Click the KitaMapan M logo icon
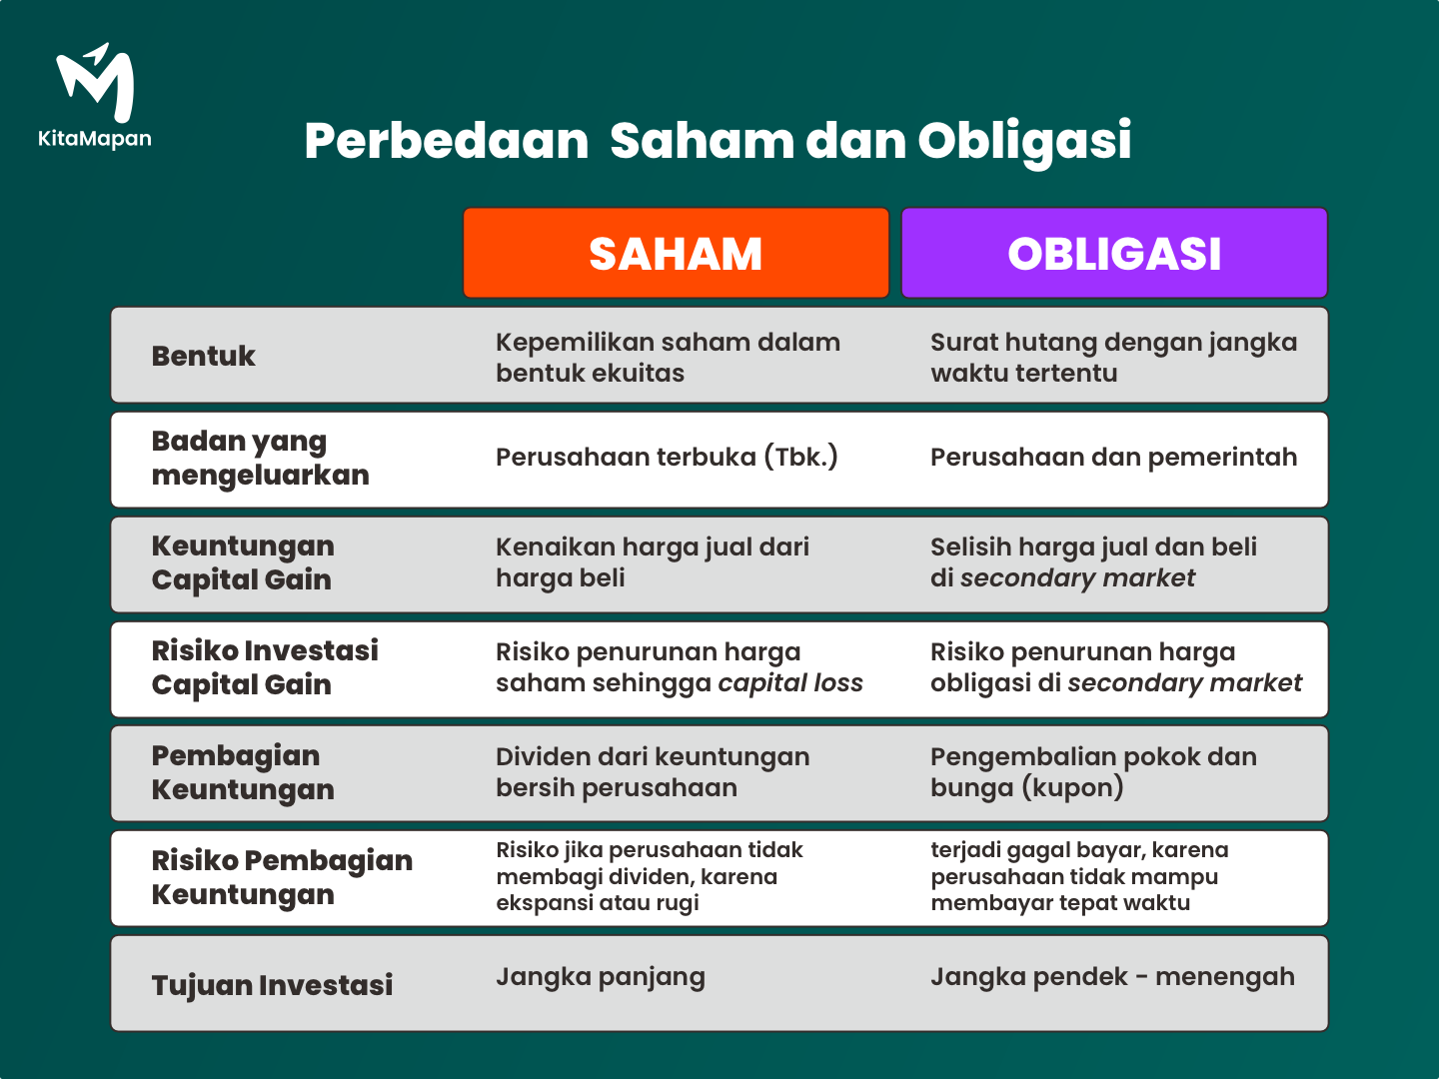95,83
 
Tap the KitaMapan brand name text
94,139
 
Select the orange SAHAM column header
676,253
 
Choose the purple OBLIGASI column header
1114,253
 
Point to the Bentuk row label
203,356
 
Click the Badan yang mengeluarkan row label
260,458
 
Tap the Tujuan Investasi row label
272,985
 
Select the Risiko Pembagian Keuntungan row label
282,877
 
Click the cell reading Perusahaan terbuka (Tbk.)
667,458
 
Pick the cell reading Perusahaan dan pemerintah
1114,458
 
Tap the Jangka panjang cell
601,977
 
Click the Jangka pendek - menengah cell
1112,977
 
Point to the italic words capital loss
790,682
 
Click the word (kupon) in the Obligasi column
1072,787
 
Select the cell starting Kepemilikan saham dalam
669,357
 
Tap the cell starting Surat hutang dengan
1114,357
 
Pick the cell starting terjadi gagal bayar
1079,876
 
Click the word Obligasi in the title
1024,142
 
